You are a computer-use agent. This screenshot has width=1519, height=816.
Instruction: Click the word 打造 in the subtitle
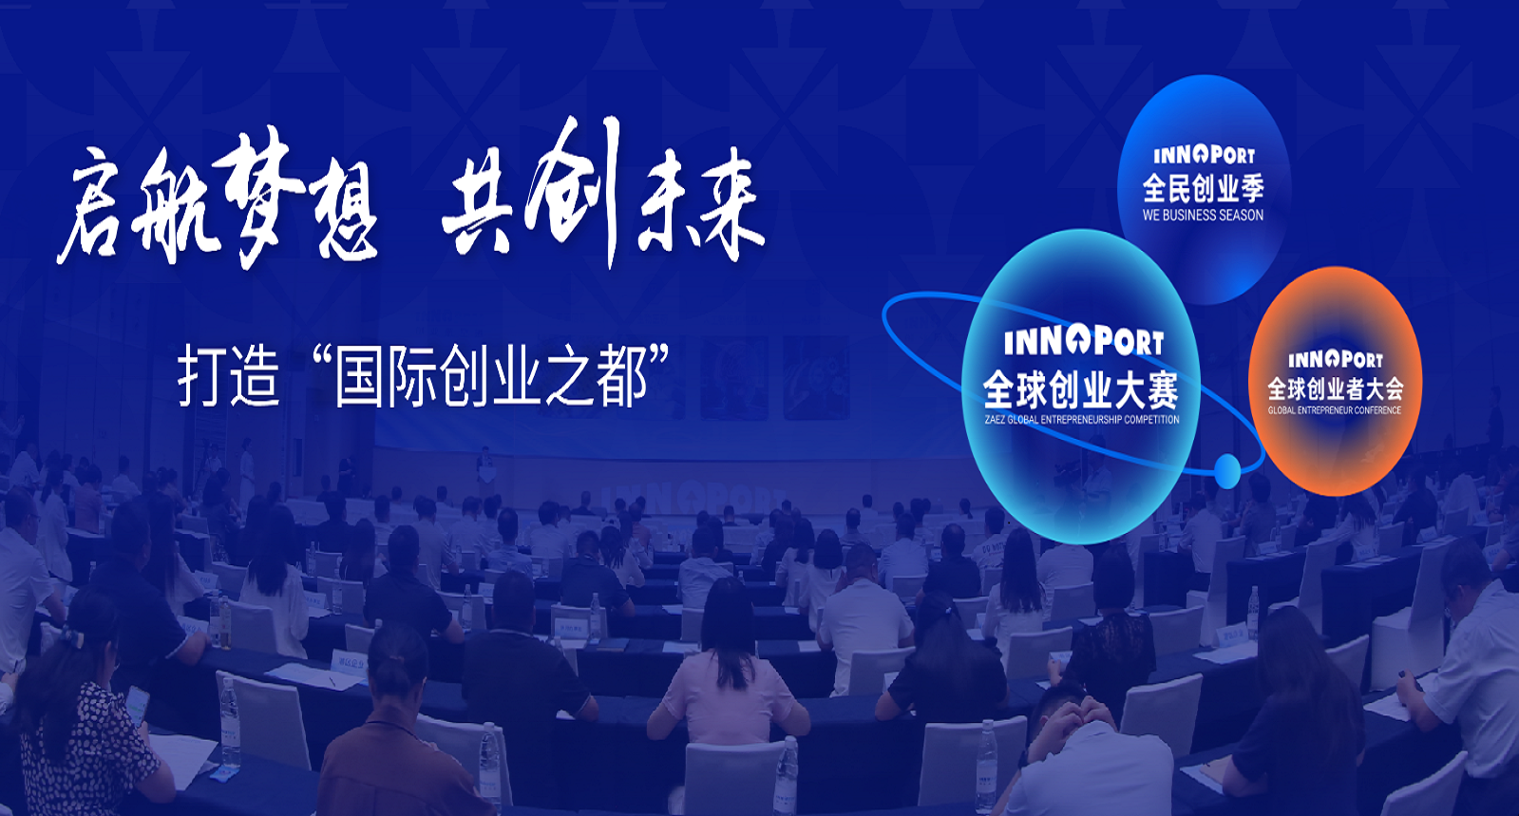point(229,377)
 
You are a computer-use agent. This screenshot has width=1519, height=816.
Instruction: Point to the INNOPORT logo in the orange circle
point(1336,359)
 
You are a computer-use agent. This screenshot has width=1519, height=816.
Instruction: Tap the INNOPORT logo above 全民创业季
point(1204,156)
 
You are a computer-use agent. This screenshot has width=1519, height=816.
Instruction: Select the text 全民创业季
point(1203,189)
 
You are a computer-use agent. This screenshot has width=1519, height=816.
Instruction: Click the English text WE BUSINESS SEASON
point(1203,215)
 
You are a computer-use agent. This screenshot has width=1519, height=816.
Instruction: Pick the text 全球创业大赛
point(1081,389)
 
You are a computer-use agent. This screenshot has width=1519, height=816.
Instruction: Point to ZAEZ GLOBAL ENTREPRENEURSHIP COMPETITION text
point(1082,420)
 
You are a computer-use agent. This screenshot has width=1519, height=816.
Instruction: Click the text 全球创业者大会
point(1336,389)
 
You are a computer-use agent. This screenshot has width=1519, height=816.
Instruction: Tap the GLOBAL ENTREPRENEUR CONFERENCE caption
point(1335,410)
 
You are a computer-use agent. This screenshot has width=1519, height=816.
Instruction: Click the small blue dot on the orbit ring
point(1226,470)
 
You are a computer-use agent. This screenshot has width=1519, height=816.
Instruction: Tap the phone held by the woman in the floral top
point(138,706)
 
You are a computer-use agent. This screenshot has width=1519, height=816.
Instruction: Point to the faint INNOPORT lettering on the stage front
point(692,500)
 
